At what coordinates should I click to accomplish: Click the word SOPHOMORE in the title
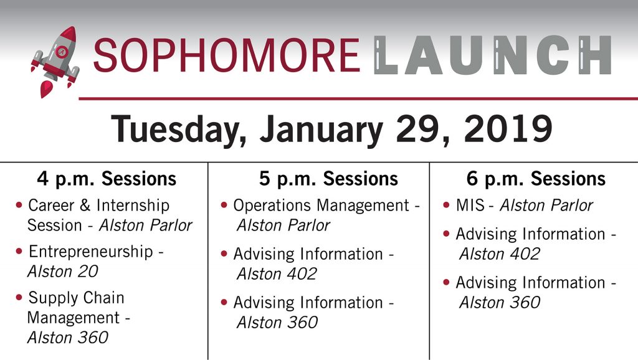pos(227,55)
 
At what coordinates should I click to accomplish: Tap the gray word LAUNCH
pos(492,55)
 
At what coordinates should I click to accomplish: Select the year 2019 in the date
pos(508,128)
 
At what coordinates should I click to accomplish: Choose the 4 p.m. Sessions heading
pos(107,179)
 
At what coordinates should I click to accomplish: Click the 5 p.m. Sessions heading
pos(328,179)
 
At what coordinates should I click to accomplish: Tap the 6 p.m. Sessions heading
pos(536,179)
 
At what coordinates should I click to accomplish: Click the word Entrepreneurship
pos(91,252)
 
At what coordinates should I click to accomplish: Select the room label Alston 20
pos(63,272)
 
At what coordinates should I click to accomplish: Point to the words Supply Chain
pos(76,298)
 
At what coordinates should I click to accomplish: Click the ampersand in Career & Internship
pos(85,206)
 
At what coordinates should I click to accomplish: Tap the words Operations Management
pos(321,206)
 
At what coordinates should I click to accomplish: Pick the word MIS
pos(470,206)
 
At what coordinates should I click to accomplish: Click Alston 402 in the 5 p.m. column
pos(277,274)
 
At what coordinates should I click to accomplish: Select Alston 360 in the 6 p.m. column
pos(500,302)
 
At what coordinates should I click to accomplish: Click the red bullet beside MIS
pos(446,205)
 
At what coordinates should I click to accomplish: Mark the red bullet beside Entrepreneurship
pos(19,252)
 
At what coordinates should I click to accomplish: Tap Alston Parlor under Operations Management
pos(283,225)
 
